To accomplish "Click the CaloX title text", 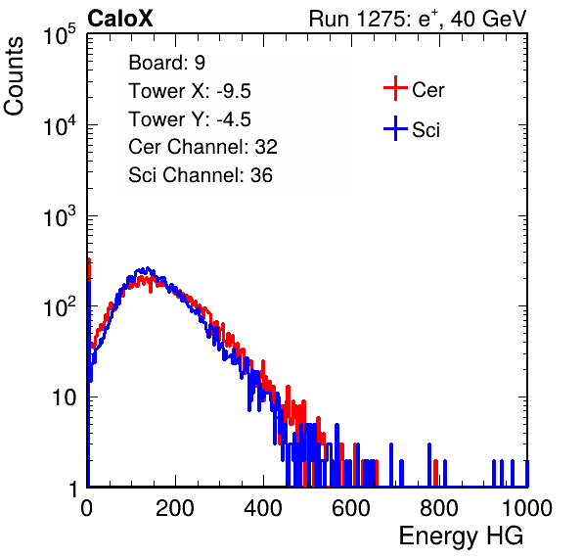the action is [120, 19].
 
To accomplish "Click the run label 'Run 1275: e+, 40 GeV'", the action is [418, 19].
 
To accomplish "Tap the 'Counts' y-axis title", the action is [14, 76].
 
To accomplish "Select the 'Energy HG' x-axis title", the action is [461, 537].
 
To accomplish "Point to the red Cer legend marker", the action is [395, 88].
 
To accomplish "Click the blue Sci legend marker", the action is [395, 128].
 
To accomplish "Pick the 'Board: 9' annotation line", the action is [166, 63].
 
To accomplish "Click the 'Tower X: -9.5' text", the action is [190, 91].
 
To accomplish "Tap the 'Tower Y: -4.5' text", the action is [190, 119].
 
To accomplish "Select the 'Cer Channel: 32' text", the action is [202, 147].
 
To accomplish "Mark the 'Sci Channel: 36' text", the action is [201, 175].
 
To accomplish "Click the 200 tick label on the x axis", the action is [175, 508].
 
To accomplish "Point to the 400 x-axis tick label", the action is [263, 508].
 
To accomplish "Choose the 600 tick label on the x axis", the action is [351, 508].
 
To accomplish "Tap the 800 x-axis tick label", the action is [439, 508].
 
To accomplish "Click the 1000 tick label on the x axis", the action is [527, 508].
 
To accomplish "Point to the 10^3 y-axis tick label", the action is [60, 216].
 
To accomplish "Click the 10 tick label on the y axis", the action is [64, 397].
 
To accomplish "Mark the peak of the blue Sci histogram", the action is [148, 268].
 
